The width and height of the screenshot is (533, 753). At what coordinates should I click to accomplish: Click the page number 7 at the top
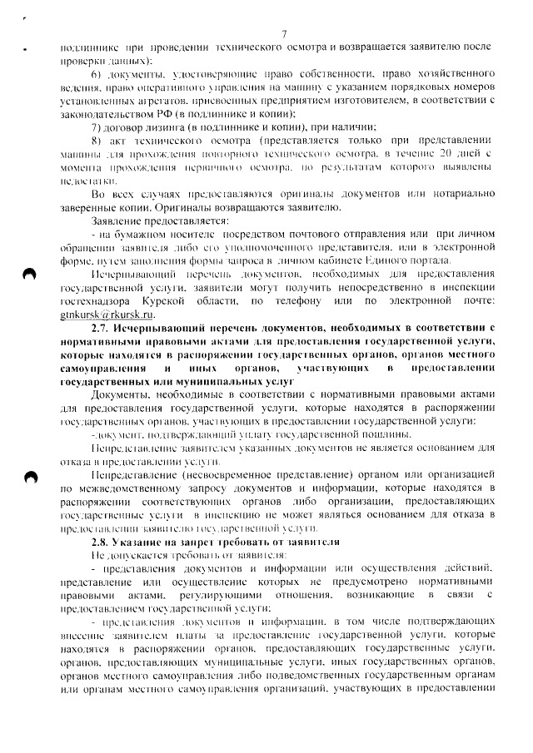[x=284, y=34]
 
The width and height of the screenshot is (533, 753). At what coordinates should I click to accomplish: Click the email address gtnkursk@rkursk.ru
[x=107, y=339]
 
